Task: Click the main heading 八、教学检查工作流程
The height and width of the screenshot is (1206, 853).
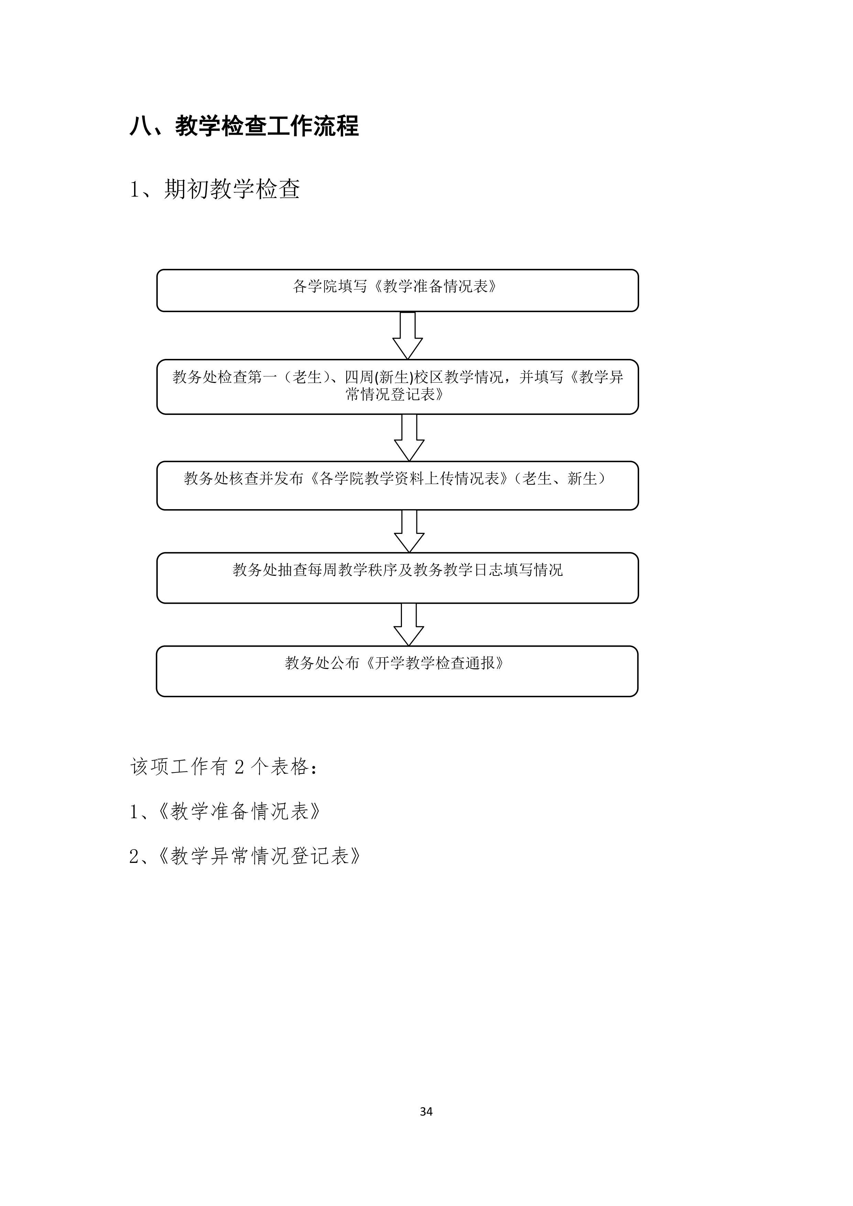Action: tap(244, 127)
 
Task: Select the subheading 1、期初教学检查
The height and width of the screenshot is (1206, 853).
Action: tap(215, 189)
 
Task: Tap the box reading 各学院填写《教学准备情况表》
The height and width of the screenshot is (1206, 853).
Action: tap(397, 290)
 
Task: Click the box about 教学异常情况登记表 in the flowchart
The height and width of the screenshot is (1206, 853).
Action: tap(397, 387)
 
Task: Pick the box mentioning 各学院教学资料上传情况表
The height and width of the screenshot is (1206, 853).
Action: tap(397, 486)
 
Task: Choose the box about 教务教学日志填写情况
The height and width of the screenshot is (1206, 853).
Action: tap(397, 578)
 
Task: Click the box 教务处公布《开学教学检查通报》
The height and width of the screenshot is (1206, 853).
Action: tap(397, 671)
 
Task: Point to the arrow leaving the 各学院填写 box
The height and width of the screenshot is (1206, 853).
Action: tap(408, 336)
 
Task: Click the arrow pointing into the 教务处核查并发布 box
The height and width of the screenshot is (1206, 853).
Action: tap(409, 438)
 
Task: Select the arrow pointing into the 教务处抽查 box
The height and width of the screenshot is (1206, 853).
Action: tap(409, 531)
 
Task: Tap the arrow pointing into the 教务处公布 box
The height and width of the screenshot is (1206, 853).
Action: tap(409, 625)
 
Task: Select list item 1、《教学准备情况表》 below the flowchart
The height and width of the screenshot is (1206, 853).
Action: tap(225, 812)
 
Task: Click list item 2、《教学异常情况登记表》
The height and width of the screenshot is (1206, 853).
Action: tap(245, 857)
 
